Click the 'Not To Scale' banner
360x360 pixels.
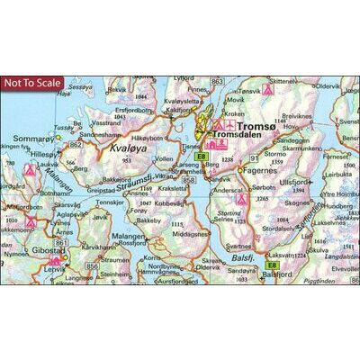(x=32, y=84)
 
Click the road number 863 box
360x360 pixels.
(x=216, y=82)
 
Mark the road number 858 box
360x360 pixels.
(x=188, y=181)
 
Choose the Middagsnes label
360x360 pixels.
(x=190, y=232)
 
